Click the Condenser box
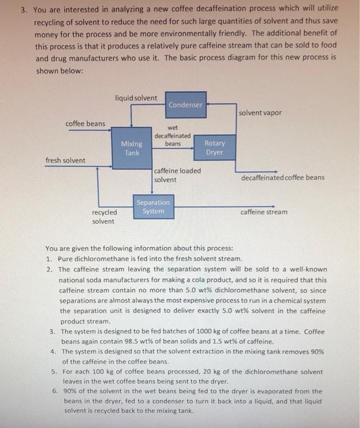(185, 105)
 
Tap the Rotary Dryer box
(215, 148)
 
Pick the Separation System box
(153, 207)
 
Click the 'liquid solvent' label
(136, 98)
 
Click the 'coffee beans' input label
(85, 124)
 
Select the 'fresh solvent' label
(65, 161)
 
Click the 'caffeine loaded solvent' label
(177, 175)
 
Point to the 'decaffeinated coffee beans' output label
(283, 178)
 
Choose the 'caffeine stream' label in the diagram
(263, 212)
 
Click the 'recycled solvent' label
(104, 216)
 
